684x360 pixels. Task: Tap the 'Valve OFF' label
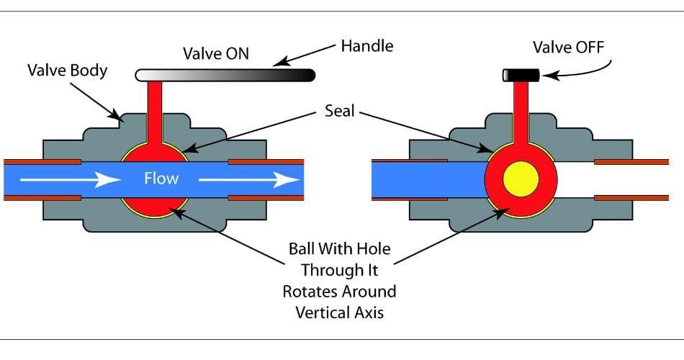click(x=568, y=48)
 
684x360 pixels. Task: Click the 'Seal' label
click(x=338, y=113)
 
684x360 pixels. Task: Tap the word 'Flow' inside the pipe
click(x=161, y=178)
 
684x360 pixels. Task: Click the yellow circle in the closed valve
click(x=521, y=179)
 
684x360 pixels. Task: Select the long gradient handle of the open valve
click(x=225, y=75)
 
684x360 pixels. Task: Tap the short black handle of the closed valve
click(x=521, y=75)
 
